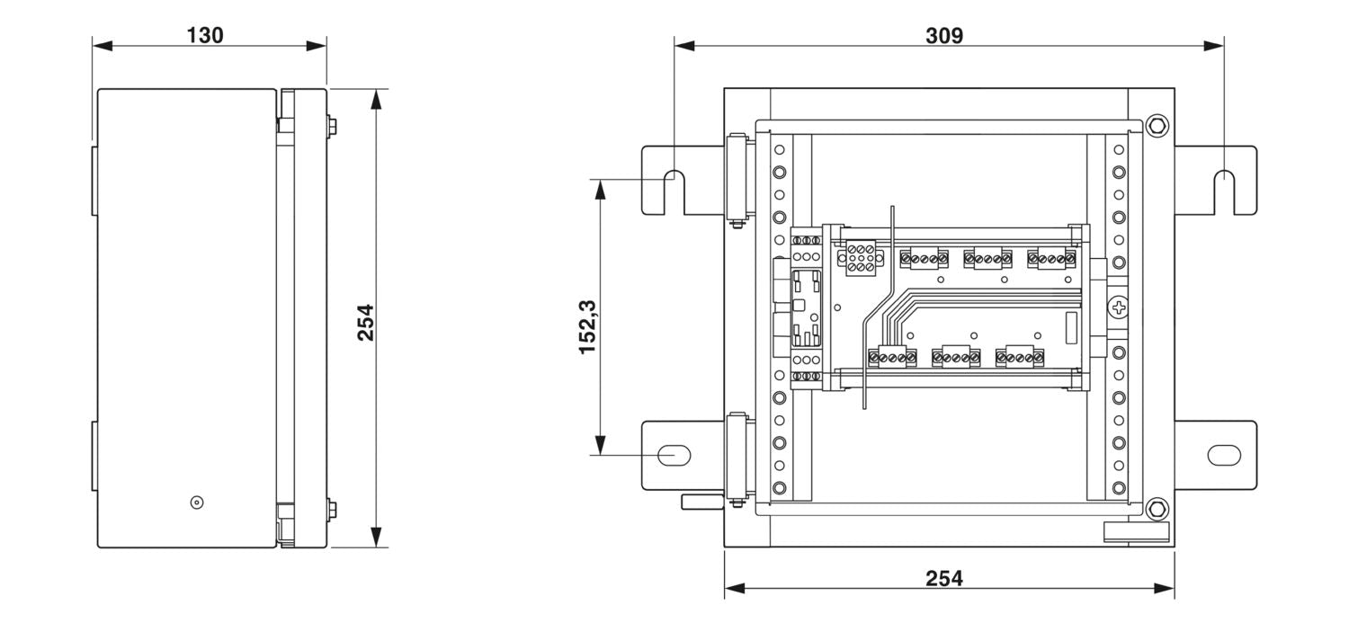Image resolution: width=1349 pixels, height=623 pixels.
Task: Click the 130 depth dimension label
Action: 205,36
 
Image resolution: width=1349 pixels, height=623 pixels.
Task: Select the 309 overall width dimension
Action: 944,36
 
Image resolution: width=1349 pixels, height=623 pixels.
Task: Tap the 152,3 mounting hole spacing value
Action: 590,327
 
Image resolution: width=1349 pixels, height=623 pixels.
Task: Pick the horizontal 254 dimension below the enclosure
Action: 944,579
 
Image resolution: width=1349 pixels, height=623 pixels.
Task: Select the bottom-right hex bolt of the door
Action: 1157,508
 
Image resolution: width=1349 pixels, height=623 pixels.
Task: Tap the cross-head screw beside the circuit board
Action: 1119,309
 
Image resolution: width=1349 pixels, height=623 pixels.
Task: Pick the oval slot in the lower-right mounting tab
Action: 1223,455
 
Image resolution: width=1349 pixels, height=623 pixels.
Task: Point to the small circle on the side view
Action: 197,502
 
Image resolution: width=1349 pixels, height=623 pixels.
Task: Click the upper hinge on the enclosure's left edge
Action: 735,180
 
